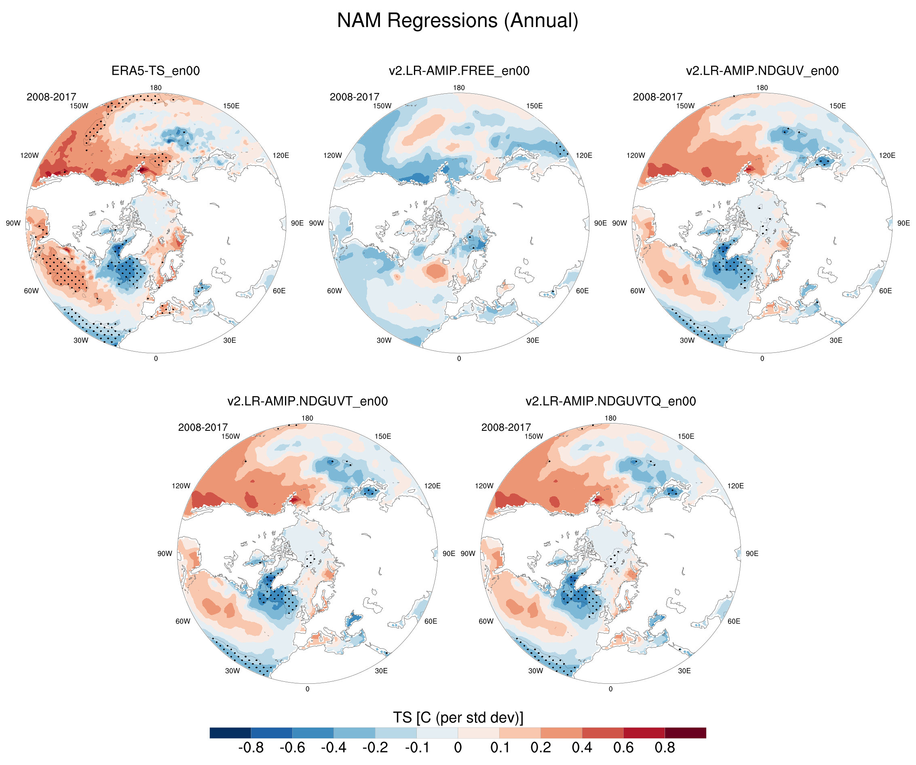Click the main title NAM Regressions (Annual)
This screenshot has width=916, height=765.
click(x=458, y=21)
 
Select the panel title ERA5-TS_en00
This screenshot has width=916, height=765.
click(x=155, y=71)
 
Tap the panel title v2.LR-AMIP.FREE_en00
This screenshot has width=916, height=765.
click(x=459, y=71)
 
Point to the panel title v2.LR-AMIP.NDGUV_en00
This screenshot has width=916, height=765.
click(x=762, y=71)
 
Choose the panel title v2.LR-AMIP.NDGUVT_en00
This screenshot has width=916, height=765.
click(x=307, y=401)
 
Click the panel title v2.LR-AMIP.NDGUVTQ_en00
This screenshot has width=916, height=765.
click(x=610, y=401)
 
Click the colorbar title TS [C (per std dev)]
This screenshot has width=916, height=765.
click(x=458, y=717)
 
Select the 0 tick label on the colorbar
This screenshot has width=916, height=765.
click(x=458, y=748)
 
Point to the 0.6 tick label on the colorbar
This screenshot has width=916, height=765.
click(x=623, y=748)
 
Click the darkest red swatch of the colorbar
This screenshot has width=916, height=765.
click(x=685, y=733)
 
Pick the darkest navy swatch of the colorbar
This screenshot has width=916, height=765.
click(x=230, y=733)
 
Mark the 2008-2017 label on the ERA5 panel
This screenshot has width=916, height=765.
click(x=51, y=97)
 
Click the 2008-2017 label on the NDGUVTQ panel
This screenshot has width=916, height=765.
click(x=506, y=428)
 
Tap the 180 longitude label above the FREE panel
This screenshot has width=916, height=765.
click(x=459, y=88)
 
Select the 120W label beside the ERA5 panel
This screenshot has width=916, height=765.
click(x=29, y=155)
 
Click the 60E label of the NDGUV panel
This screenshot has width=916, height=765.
click(x=885, y=291)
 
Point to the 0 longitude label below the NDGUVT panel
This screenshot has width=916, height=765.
click(x=307, y=689)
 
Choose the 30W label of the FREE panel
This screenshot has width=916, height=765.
click(x=384, y=340)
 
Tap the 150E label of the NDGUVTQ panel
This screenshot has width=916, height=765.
click(x=686, y=436)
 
